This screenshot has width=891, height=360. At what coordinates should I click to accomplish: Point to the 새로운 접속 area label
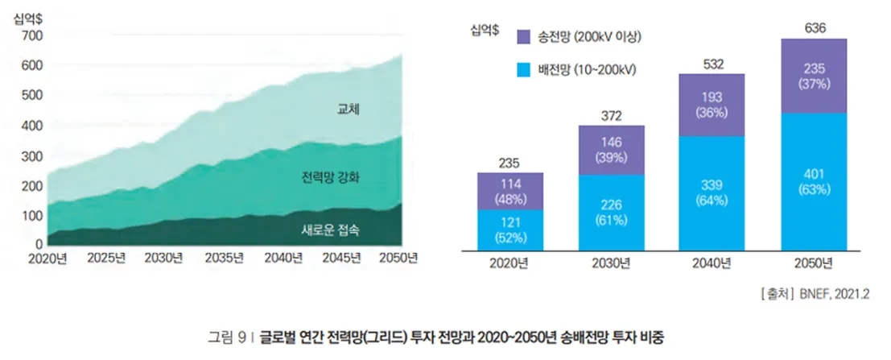pyautogui.click(x=330, y=230)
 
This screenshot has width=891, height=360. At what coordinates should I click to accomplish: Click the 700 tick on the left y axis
pyautogui.click(x=33, y=35)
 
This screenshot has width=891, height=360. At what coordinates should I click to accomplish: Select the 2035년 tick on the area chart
pyautogui.click(x=225, y=259)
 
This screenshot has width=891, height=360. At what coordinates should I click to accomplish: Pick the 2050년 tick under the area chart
pyautogui.click(x=398, y=259)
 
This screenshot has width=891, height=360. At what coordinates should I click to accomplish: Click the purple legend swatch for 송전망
pyautogui.click(x=523, y=37)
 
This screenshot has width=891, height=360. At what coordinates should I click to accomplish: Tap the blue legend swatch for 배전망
pyautogui.click(x=523, y=70)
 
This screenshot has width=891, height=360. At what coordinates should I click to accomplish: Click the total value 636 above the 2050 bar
pyautogui.click(x=815, y=29)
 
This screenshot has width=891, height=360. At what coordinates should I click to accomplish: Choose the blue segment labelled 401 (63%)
pyautogui.click(x=814, y=180)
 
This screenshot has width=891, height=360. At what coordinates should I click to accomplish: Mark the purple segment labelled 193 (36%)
pyautogui.click(x=712, y=105)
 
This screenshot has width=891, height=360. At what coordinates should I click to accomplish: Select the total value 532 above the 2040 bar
pyautogui.click(x=712, y=64)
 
